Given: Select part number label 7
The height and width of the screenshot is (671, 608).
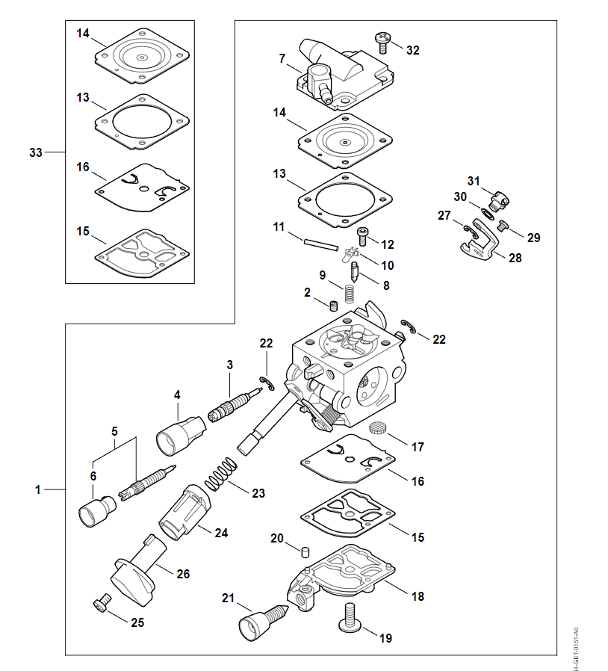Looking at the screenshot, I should [x=282, y=58].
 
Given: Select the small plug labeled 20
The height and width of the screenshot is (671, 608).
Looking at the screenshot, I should [x=304, y=552].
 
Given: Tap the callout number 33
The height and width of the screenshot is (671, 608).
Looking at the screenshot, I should [x=35, y=152].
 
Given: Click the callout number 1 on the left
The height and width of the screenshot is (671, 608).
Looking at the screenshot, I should [x=37, y=490].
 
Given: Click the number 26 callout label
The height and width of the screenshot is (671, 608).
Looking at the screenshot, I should [x=183, y=574].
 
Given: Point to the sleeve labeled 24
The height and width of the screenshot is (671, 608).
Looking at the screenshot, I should [x=184, y=511].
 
